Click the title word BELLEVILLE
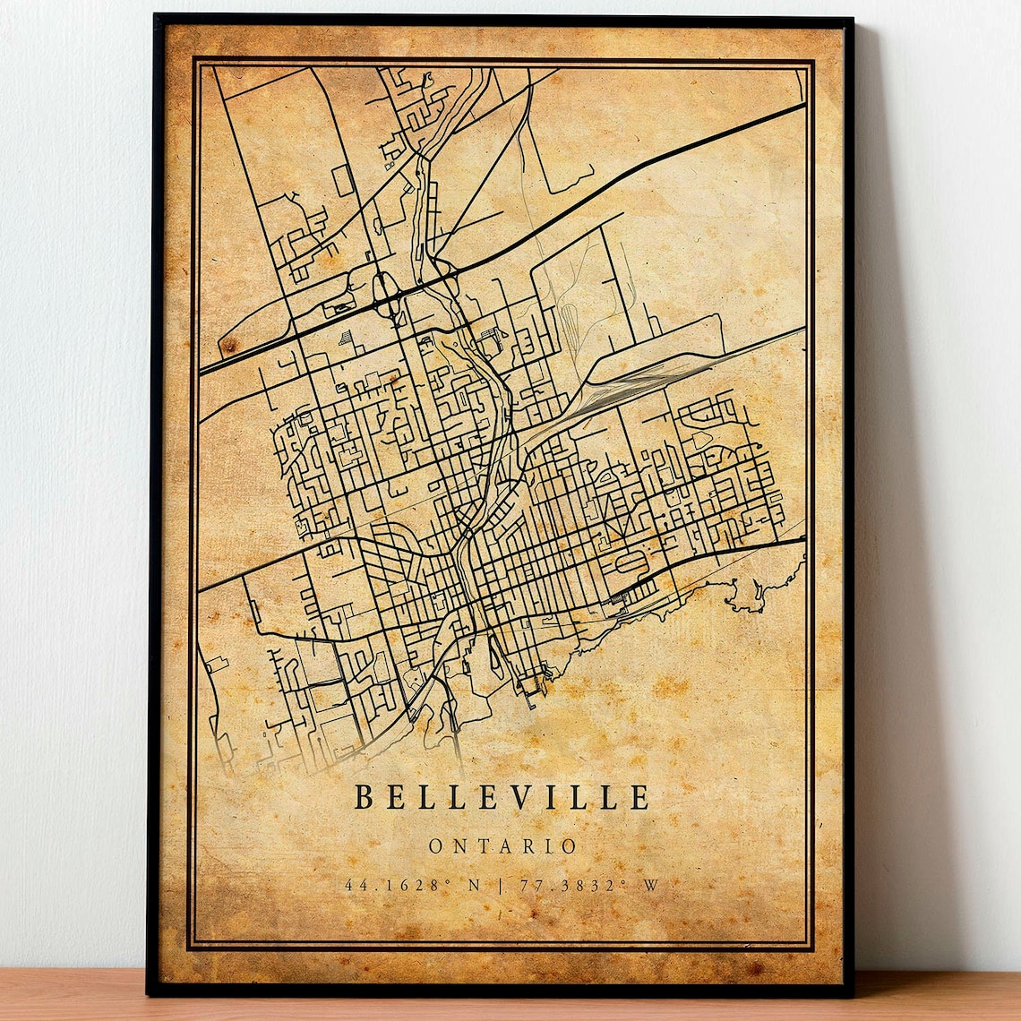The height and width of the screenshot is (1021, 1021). point(502,796)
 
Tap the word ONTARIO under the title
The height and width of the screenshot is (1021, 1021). point(502,846)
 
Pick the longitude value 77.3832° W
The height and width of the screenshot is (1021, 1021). point(587,886)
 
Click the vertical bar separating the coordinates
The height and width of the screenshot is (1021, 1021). point(498,886)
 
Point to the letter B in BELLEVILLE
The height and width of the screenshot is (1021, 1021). point(364,796)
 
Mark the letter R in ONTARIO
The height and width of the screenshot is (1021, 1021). point(524,846)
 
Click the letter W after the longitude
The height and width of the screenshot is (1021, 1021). point(650,886)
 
